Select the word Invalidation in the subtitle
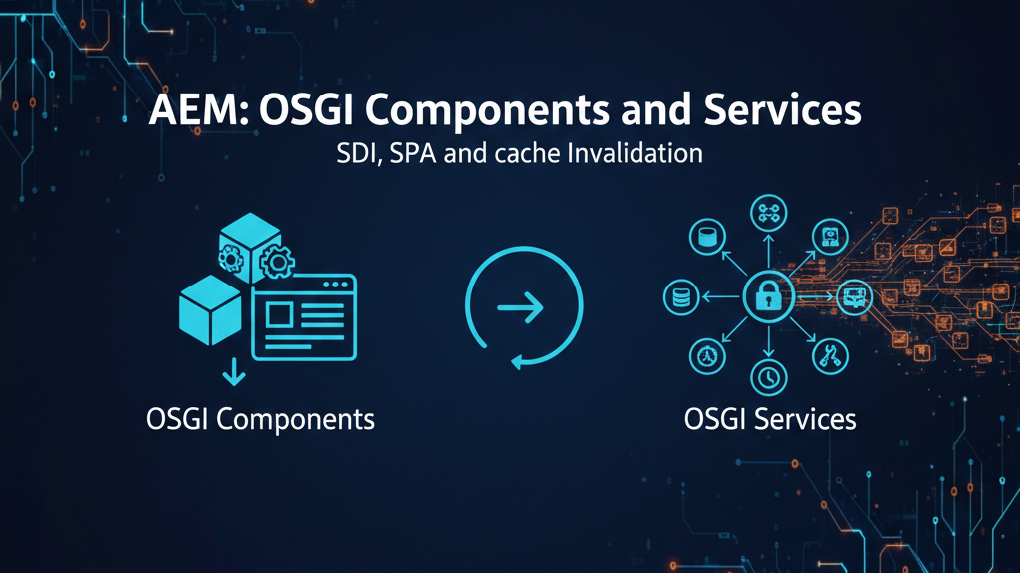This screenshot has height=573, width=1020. (x=647, y=154)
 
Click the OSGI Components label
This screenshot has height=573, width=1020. (x=259, y=418)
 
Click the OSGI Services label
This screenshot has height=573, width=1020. (x=770, y=418)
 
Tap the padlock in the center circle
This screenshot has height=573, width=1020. (x=768, y=295)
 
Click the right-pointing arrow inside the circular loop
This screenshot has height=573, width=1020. (x=522, y=308)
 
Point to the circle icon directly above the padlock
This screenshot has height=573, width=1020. (x=768, y=212)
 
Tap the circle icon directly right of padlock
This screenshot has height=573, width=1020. (x=853, y=295)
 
